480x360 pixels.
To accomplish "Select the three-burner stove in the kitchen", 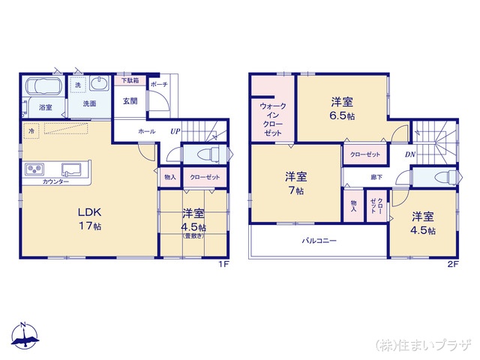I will point(36,169).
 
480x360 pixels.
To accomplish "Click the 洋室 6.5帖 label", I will point(341,109).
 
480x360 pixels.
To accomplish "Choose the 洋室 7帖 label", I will point(295,184).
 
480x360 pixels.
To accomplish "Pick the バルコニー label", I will point(319,241).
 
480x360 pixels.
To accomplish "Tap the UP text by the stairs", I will point(174,131).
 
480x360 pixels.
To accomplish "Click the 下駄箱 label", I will point(130,79).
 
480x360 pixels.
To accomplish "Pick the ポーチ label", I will point(159,84).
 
